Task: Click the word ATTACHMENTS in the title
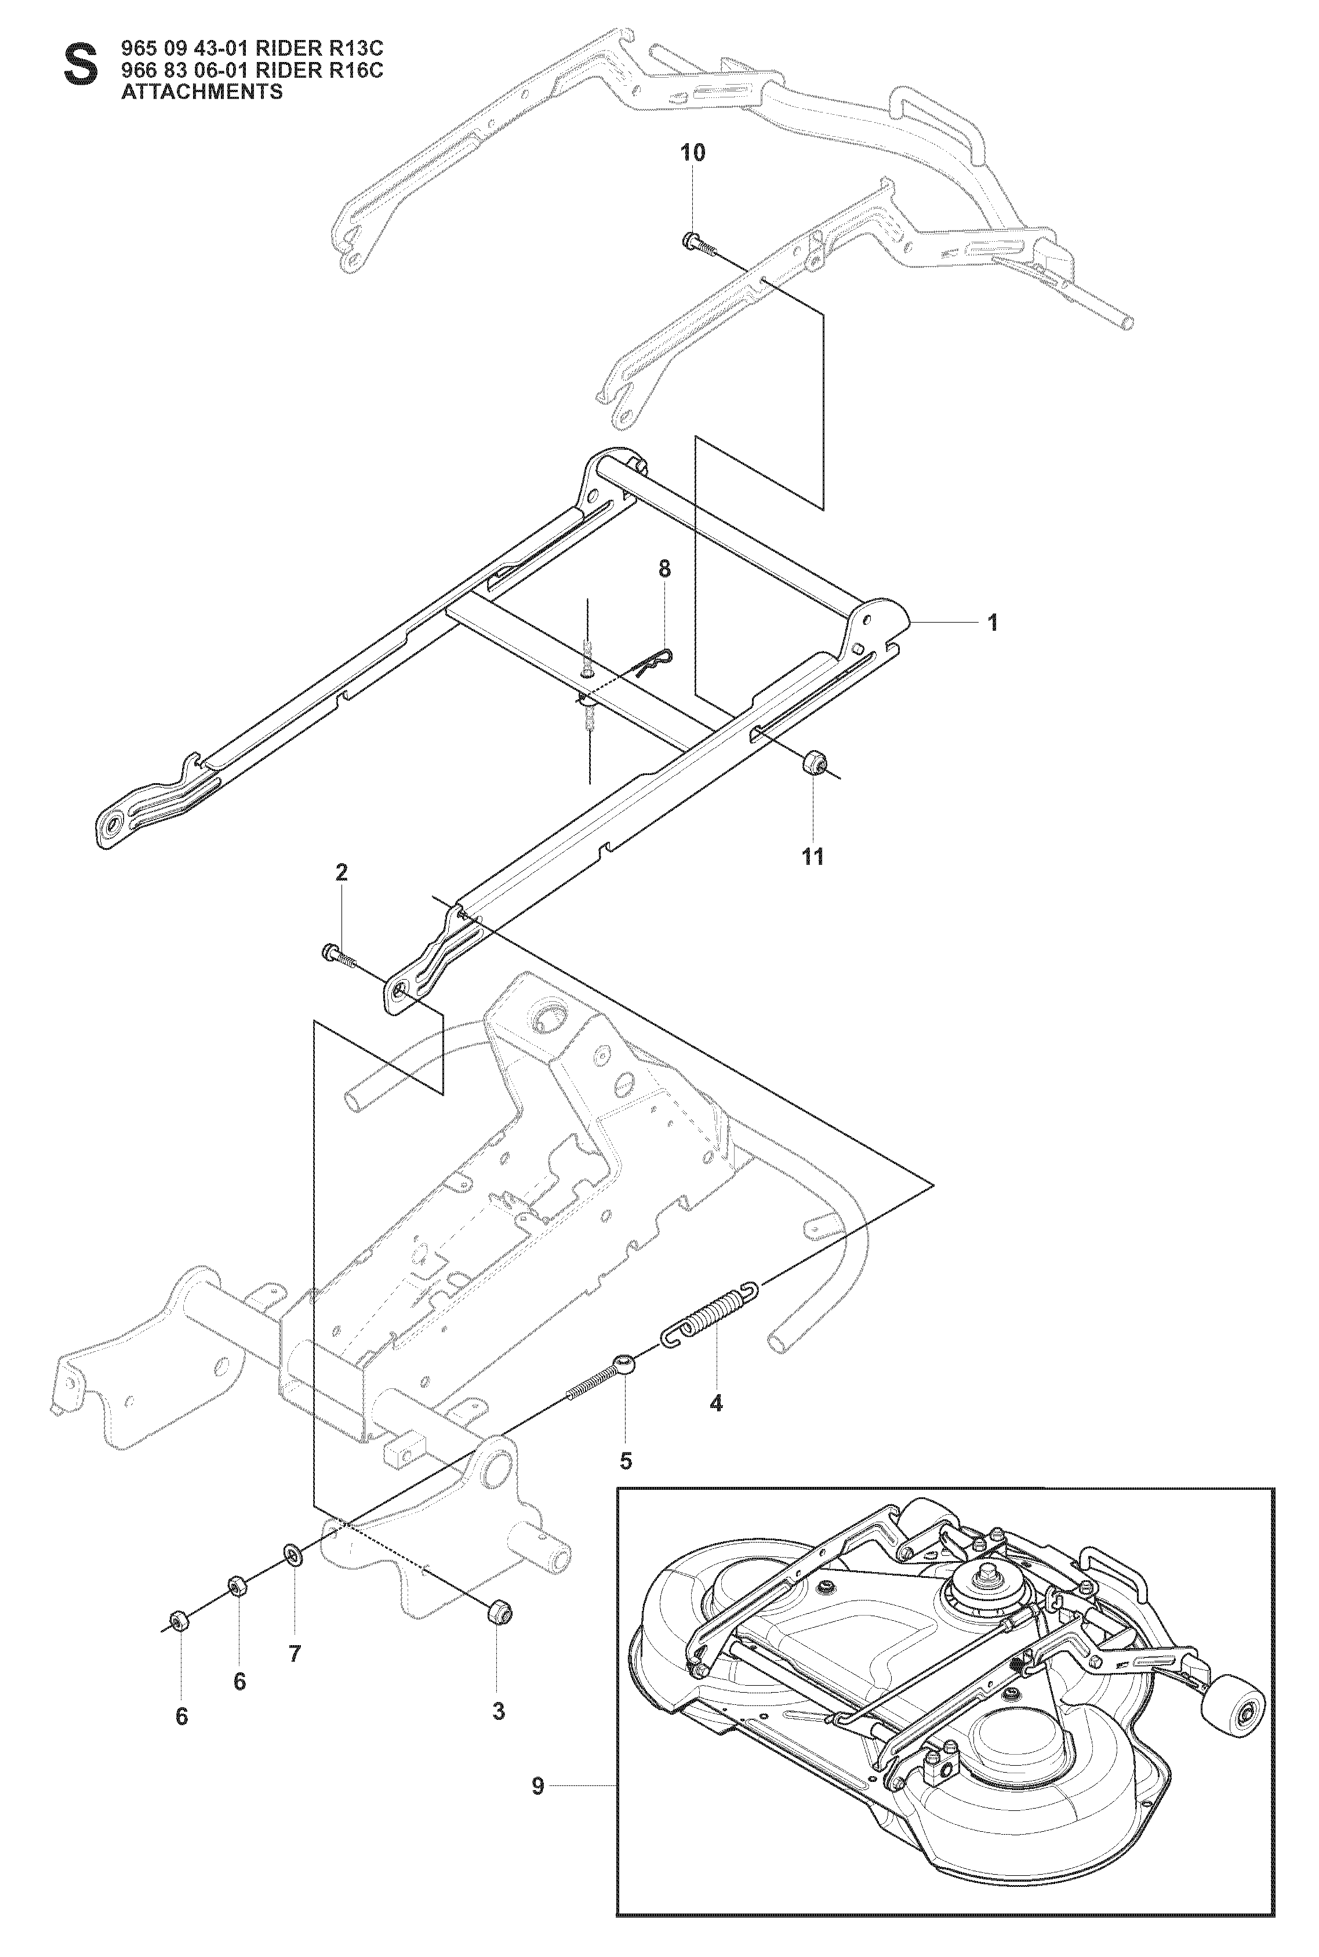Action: [x=202, y=92]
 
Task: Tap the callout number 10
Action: [x=693, y=152]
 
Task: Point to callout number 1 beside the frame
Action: [x=993, y=623]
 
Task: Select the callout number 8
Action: [x=664, y=569]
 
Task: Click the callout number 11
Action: [x=813, y=857]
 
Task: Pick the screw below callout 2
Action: [x=339, y=955]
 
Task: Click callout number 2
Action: [x=341, y=872]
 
